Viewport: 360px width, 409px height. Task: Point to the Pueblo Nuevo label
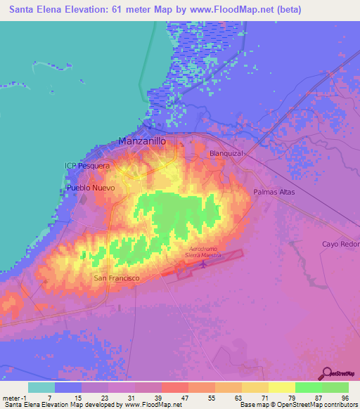[x=91, y=188]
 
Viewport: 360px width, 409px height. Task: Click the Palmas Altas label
[x=274, y=192]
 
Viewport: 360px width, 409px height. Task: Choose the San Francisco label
[x=117, y=278]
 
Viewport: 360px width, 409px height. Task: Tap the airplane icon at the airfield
[x=204, y=265]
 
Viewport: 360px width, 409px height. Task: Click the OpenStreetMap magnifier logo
[x=327, y=372]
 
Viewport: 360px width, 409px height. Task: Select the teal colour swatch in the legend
[x=41, y=387]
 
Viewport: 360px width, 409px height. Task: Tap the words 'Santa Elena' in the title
[x=35, y=10]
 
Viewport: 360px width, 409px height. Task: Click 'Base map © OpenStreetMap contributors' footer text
[x=298, y=405]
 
